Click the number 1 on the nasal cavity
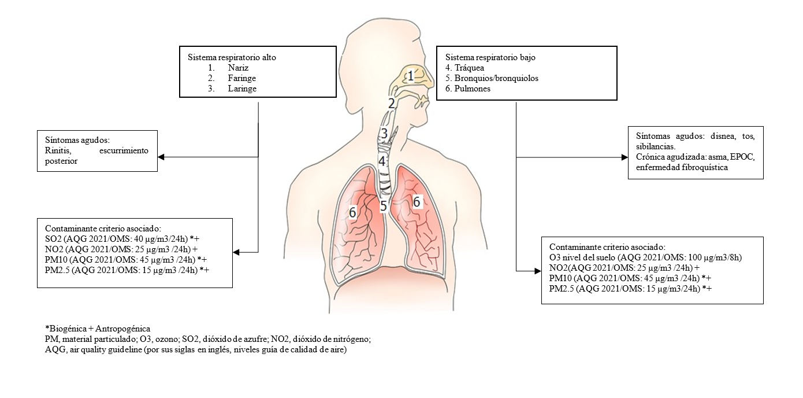coord(410,76)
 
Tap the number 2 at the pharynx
coord(391,104)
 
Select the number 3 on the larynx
coord(384,134)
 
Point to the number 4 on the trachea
coord(382,160)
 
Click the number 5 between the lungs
coord(383,205)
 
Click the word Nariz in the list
coord(239,68)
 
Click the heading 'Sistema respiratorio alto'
coord(236,57)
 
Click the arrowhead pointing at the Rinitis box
coord(162,157)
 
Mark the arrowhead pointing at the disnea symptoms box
coord(624,157)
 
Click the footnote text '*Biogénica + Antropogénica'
coord(98,329)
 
